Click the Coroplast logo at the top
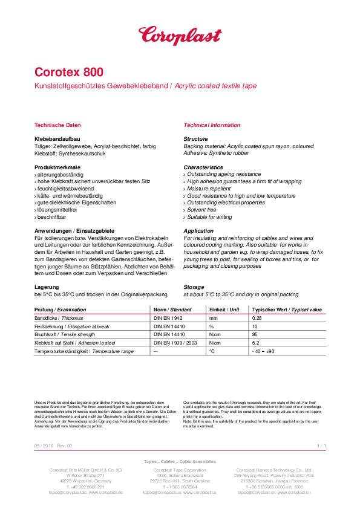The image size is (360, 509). click(180, 34)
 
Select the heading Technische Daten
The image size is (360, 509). click(57, 125)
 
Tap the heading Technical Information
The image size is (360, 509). click(212, 125)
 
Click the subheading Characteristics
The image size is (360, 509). click(203, 167)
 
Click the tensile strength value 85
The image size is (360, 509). click(254, 334)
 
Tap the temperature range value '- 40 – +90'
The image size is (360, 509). click(263, 351)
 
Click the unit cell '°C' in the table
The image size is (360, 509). click(212, 351)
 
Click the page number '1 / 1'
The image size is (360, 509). click(321, 446)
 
